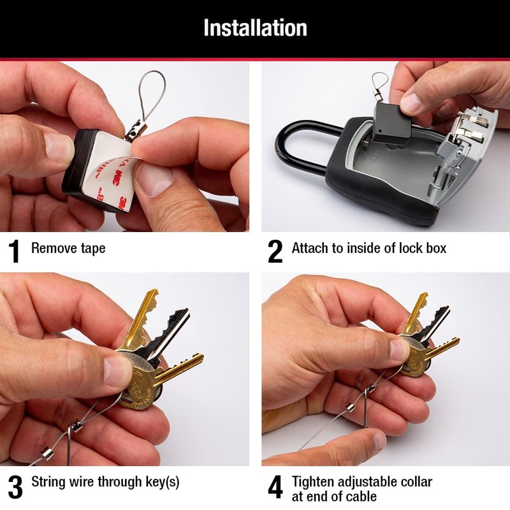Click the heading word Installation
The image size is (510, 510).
tap(255, 28)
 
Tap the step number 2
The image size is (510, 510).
tap(275, 251)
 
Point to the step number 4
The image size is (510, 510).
tap(275, 488)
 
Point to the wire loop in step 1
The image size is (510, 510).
tap(151, 96)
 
